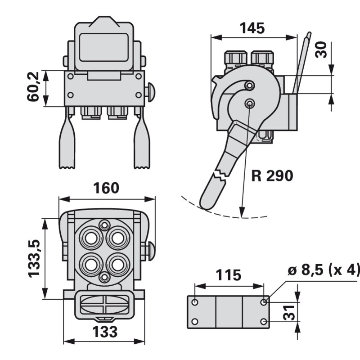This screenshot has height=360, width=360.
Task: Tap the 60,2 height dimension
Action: pyautogui.click(x=34, y=87)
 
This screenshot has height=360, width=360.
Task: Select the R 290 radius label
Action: pyautogui.click(x=272, y=175)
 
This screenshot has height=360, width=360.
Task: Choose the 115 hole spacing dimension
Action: pyautogui.click(x=228, y=275)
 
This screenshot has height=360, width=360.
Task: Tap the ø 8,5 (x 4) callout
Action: pyautogui.click(x=324, y=270)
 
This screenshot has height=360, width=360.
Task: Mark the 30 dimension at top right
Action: pyautogui.click(x=321, y=49)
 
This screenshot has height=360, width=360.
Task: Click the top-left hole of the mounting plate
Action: pyautogui.click(x=195, y=302)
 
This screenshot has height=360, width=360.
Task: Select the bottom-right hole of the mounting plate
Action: pyautogui.click(x=264, y=321)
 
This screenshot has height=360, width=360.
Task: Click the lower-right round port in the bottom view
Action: pyautogui.click(x=118, y=264)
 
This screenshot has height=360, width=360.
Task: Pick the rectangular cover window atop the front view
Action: pyautogui.click(x=104, y=47)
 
